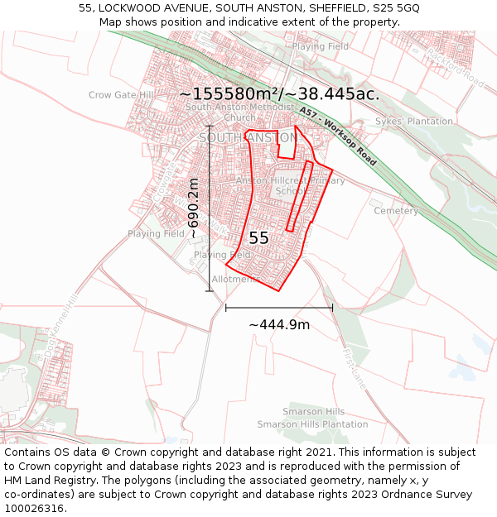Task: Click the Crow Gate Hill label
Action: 121,95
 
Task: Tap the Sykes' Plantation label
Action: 414,122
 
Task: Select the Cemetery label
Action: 396,211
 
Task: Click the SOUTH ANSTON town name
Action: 246,137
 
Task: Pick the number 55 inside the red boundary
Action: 258,237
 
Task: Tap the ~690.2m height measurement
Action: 194,208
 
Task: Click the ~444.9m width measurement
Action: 279,324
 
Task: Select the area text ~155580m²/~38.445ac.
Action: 279,94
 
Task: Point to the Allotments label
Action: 235,280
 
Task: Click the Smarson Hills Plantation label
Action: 312,424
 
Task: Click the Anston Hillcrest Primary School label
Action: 290,185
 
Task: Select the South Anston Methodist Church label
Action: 239,112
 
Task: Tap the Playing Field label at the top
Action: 320,47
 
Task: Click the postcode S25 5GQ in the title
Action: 396,7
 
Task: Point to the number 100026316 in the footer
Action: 36,508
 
